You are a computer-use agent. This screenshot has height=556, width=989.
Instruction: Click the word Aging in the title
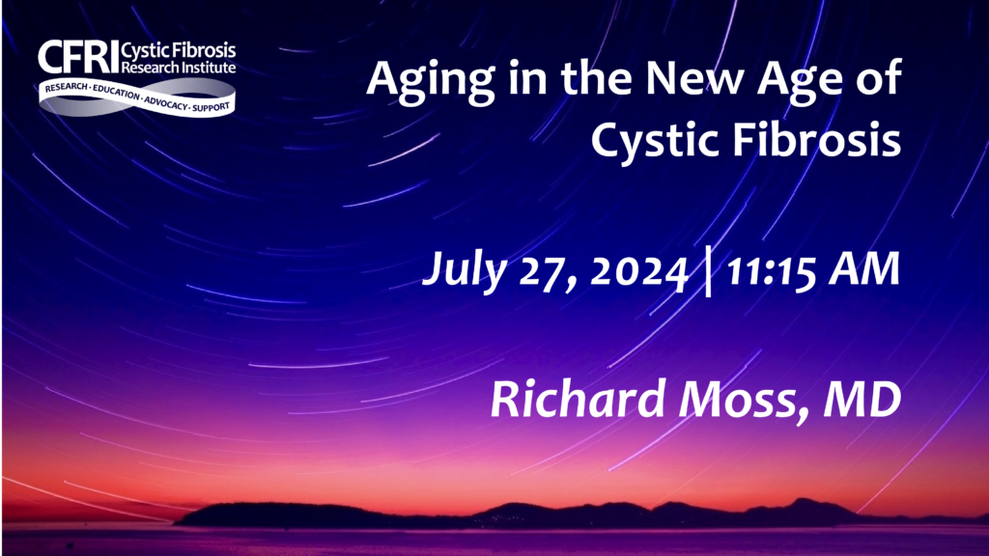[x=430, y=81]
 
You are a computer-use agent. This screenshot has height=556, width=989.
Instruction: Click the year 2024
[x=638, y=271]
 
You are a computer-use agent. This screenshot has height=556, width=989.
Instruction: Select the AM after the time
[x=864, y=270]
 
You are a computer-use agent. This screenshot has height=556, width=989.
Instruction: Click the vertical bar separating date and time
[x=708, y=271]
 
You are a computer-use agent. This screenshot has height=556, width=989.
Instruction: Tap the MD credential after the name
[x=862, y=400]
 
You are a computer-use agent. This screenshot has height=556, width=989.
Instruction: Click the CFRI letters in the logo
[x=78, y=57]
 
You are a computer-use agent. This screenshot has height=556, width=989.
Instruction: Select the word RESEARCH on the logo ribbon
[x=67, y=88]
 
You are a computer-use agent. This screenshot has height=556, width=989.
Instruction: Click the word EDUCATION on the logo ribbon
[x=116, y=93]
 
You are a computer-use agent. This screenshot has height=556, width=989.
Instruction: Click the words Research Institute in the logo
[x=179, y=67]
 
